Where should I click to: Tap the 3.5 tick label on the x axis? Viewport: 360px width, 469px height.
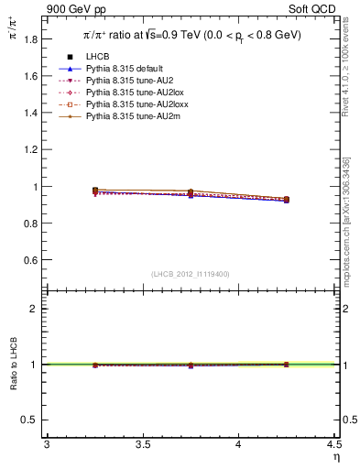[x=142, y=445]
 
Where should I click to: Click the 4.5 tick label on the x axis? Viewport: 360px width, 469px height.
[x=333, y=445]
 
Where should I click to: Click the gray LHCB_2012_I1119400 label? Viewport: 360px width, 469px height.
[x=191, y=273]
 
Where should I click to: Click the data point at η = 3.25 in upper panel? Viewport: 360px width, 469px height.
[x=94, y=191]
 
